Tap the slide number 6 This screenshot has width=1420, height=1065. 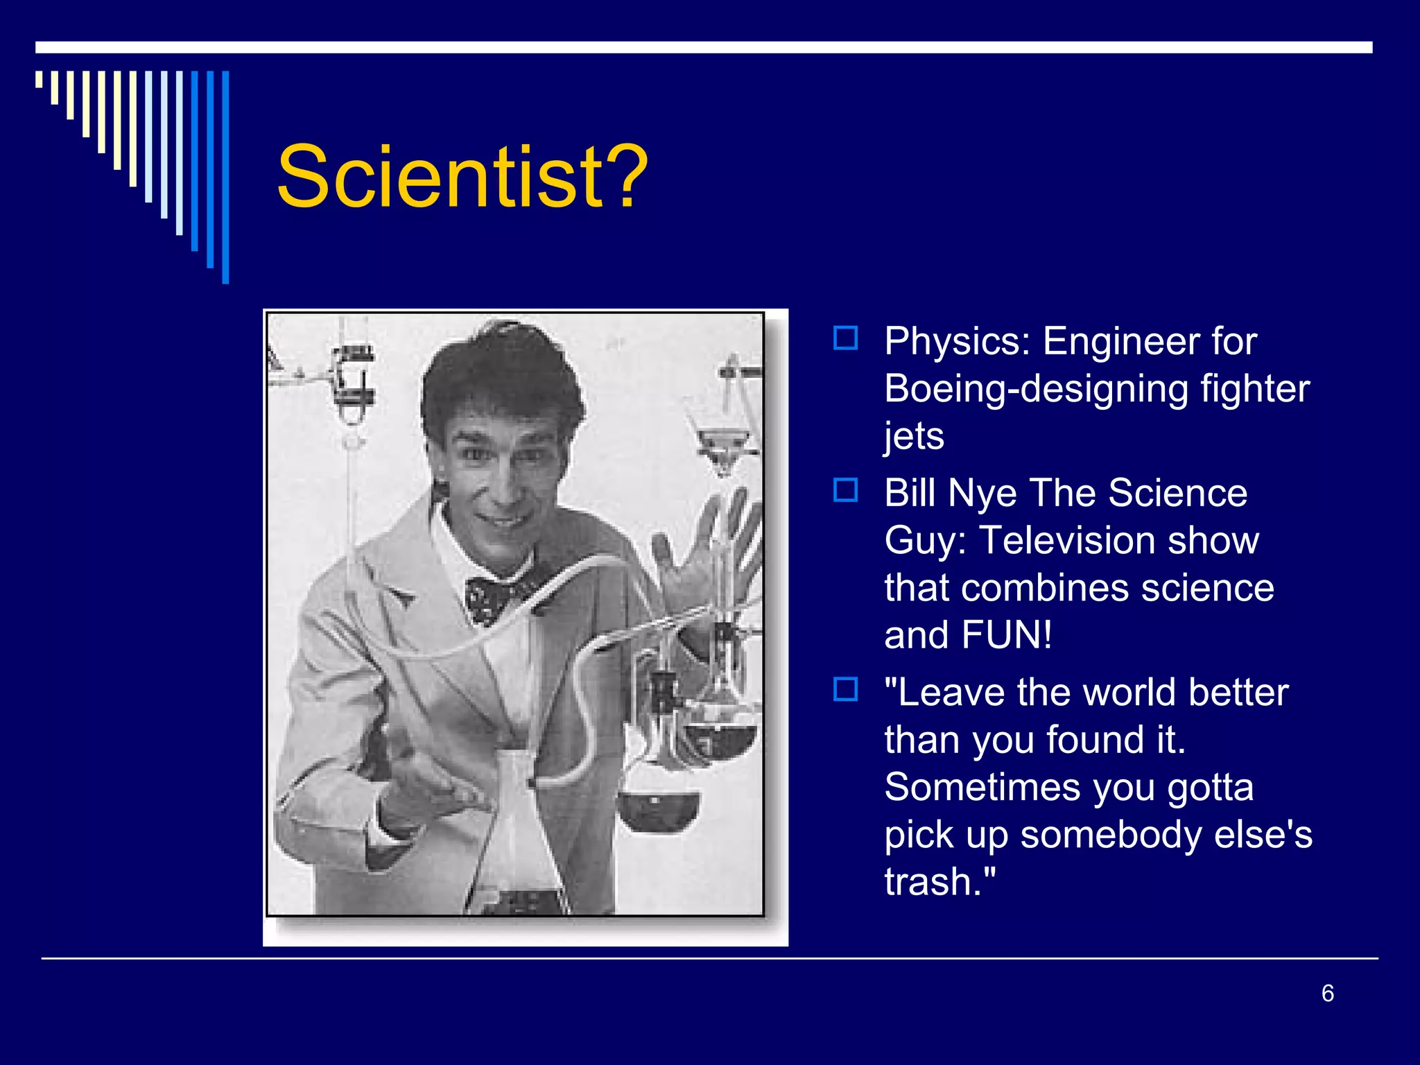pyautogui.click(x=1327, y=993)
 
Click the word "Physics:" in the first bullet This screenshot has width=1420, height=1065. pyautogui.click(x=957, y=341)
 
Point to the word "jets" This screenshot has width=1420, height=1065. pyautogui.click(x=914, y=437)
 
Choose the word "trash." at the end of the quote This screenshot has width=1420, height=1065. pyautogui.click(x=939, y=882)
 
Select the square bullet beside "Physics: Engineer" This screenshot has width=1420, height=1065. pyautogui.click(x=845, y=339)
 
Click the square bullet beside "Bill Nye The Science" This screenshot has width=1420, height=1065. pyautogui.click(x=845, y=490)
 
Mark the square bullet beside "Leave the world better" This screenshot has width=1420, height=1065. pyautogui.click(x=845, y=690)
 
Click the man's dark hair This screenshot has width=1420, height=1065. pyautogui.click(x=499, y=374)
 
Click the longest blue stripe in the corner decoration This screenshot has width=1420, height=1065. pyautogui.click(x=225, y=177)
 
